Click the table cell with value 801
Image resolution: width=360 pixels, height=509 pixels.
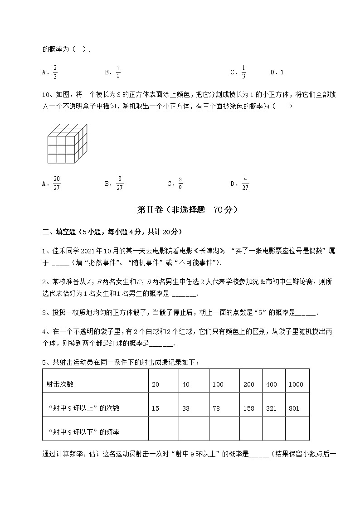tap(294, 408)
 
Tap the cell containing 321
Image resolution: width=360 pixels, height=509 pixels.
tap(272, 408)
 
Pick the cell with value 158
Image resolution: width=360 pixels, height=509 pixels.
tap(248, 408)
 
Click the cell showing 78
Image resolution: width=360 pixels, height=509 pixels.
tap(216, 408)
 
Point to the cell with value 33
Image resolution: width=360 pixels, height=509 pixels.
tap(185, 408)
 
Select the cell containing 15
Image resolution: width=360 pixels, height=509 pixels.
tap(156, 408)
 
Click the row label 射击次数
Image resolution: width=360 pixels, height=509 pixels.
tap(60, 384)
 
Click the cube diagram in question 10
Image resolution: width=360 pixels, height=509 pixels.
tap(67, 143)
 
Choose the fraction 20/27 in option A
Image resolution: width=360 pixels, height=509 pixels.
tap(57, 184)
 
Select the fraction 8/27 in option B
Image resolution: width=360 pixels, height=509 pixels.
tap(119, 184)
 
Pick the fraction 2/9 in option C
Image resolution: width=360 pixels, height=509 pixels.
tap(180, 184)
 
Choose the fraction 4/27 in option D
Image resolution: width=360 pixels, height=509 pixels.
tap(245, 184)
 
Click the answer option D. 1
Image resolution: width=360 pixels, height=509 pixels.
tap(277, 72)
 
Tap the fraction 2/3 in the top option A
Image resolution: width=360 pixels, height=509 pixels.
tap(55, 72)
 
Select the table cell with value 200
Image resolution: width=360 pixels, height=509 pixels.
tap(248, 384)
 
